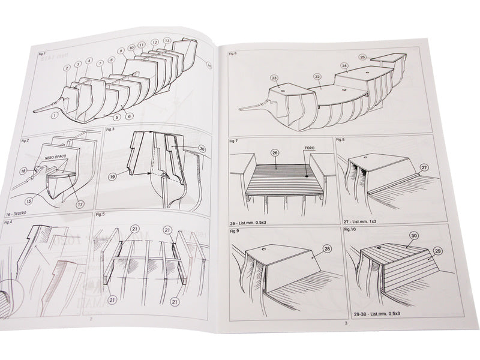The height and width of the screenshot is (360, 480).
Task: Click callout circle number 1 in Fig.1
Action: (54, 115)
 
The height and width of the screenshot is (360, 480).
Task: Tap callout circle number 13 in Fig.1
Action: (167, 41)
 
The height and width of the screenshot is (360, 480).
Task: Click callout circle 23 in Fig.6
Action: (274, 78)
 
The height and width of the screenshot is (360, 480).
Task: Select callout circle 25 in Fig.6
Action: (362, 58)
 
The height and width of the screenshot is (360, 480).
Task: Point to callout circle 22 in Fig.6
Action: (317, 76)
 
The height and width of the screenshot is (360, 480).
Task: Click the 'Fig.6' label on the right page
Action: (233, 54)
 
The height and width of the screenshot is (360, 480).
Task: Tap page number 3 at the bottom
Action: (346, 324)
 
